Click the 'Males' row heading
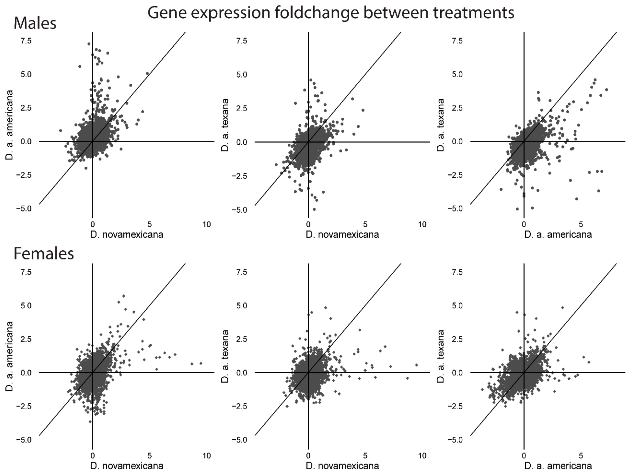click(35, 23)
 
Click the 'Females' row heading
click(44, 254)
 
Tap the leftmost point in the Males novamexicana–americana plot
click(60, 131)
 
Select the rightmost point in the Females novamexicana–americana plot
click(201, 363)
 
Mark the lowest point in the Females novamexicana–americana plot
click(90, 421)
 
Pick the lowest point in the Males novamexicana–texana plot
click(314, 209)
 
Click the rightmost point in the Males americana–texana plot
click(606, 90)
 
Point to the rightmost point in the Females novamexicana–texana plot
click(417, 365)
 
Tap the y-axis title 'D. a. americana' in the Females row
click(10, 356)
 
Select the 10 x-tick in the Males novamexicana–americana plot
click(207, 224)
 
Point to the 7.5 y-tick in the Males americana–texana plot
click(456, 41)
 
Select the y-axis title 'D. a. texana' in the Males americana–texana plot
click(441, 125)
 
